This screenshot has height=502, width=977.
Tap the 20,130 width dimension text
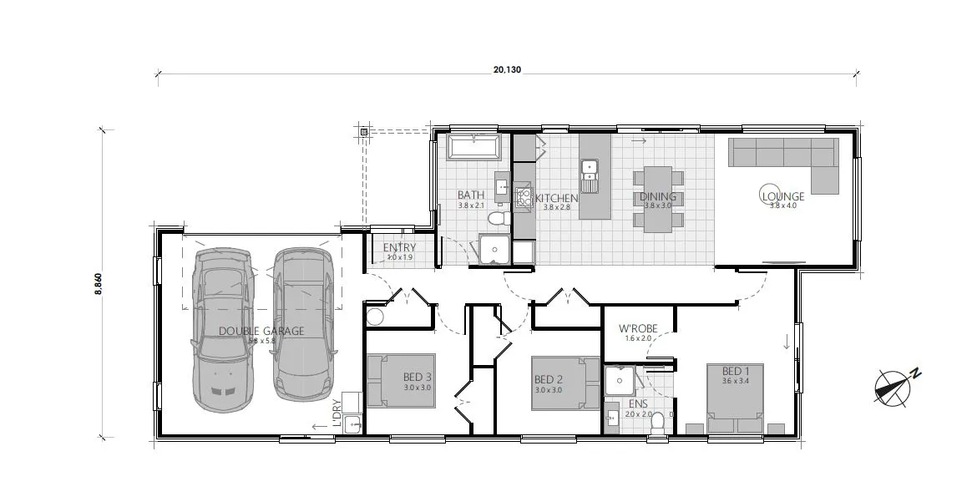coord(507,70)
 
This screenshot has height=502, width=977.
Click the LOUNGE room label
coord(782,196)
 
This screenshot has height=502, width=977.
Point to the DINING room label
coord(657,197)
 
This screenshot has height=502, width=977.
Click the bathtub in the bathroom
coord(473,149)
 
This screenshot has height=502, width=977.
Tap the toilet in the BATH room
coord(498,219)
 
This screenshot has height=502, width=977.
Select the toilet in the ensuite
coord(657,423)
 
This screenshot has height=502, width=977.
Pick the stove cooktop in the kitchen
coord(524,198)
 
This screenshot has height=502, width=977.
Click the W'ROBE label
coord(639,328)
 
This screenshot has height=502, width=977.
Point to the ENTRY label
coord(399,248)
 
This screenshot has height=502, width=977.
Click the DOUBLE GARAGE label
coord(261,331)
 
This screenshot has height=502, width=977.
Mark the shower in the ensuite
coord(620,382)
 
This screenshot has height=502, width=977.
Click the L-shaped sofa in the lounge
coord(785,157)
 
